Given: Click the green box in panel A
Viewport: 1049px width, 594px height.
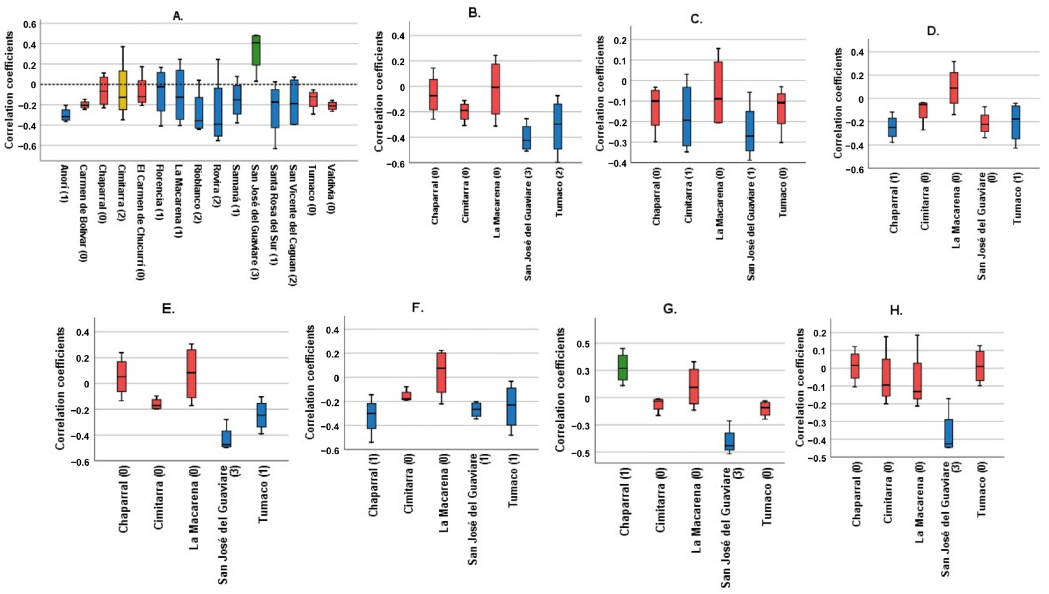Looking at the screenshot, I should pyautogui.click(x=256, y=50).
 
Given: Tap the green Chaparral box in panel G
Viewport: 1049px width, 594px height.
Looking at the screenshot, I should pyautogui.click(x=622, y=368).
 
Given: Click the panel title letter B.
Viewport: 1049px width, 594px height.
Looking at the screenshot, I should pyautogui.click(x=474, y=13).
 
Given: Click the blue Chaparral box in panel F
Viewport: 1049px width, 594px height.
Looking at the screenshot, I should pyautogui.click(x=371, y=416).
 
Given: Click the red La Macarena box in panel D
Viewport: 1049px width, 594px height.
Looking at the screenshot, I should pyautogui.click(x=954, y=88).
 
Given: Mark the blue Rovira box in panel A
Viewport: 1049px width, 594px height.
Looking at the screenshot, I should pyautogui.click(x=218, y=112).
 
